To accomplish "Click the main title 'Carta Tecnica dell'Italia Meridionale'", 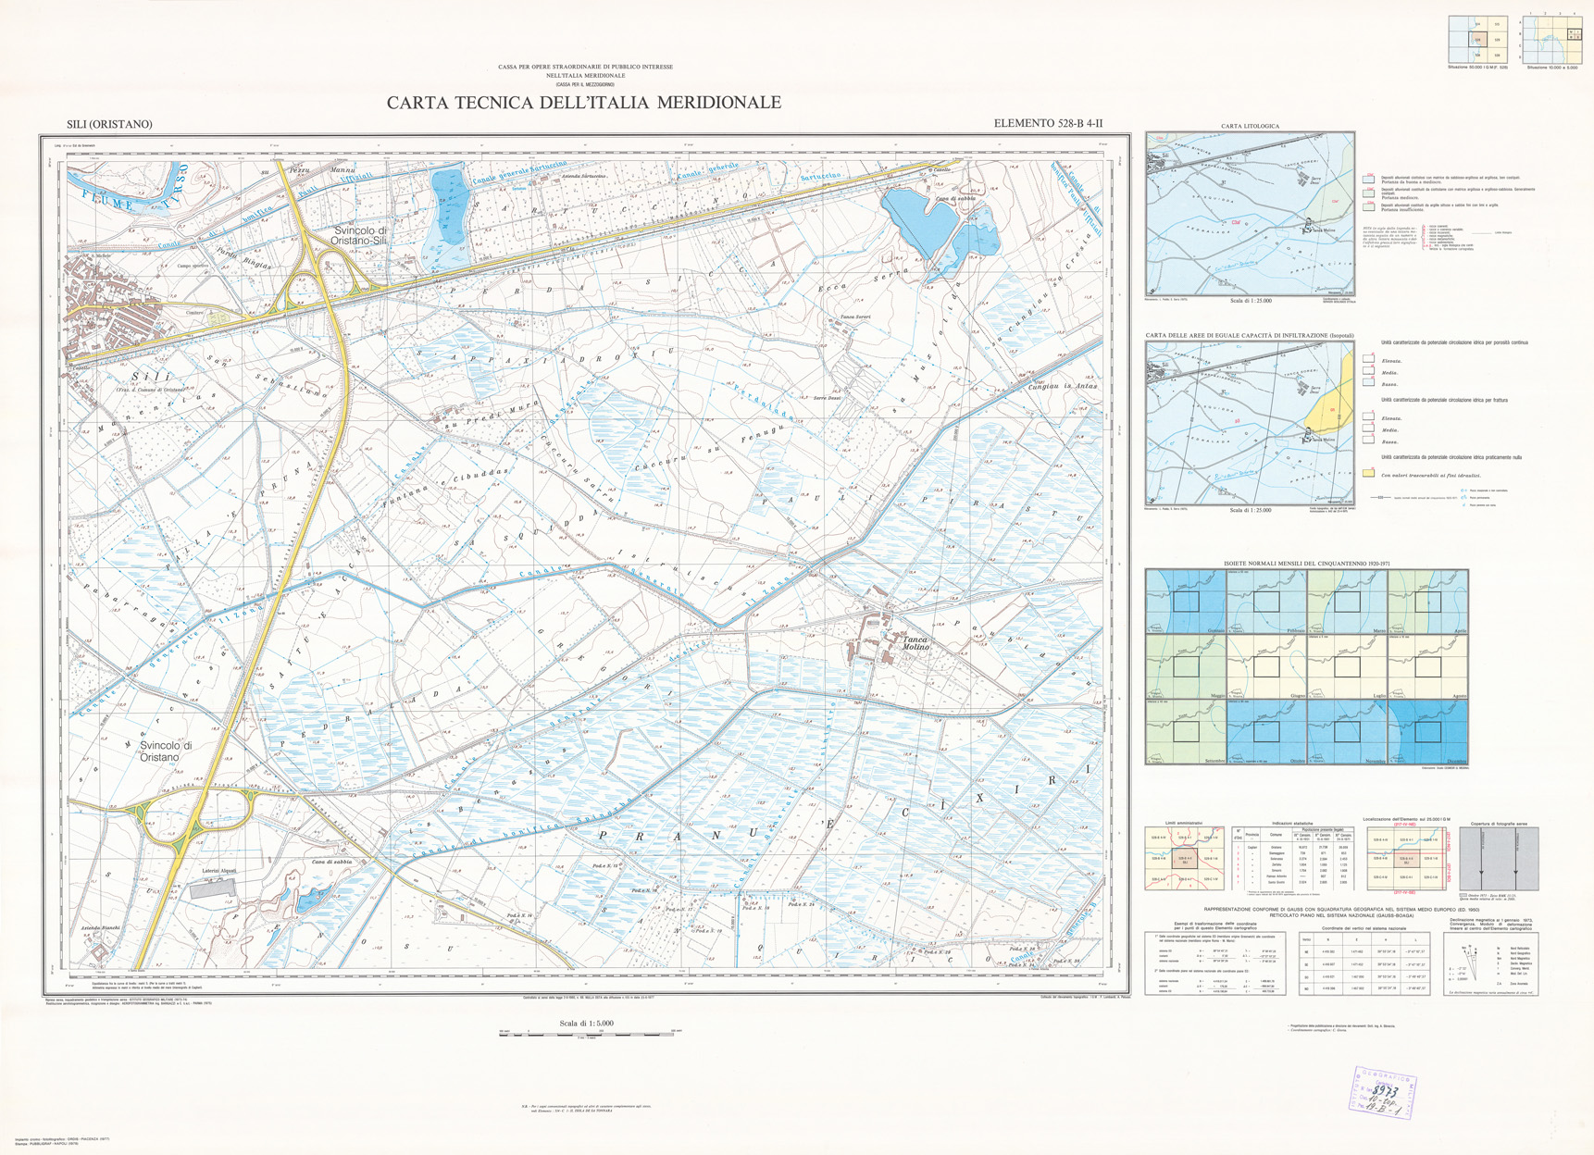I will [x=583, y=103].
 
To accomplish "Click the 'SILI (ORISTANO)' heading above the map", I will [x=109, y=124].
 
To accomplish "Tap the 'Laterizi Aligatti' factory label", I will [x=220, y=871].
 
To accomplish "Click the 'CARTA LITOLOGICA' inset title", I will [x=1250, y=126].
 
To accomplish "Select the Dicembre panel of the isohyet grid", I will [x=1428, y=731].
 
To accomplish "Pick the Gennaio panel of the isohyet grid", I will [x=1186, y=601].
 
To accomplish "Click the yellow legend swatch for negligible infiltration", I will [x=1368, y=474].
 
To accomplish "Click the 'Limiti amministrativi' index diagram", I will [x=1184, y=860].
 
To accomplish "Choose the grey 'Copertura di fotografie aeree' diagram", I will [x=1498, y=860].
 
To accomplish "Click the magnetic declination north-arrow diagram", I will [x=1466, y=962].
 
